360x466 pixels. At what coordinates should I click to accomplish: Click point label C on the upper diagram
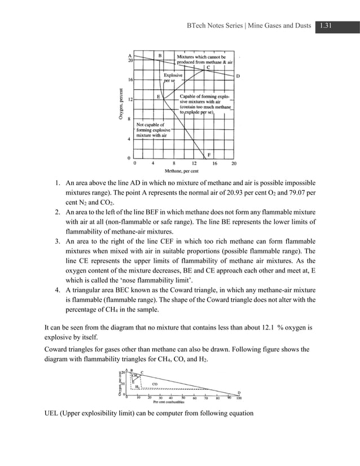208,68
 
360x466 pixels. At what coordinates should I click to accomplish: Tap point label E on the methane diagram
159,96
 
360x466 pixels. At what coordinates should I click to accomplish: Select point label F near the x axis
209,155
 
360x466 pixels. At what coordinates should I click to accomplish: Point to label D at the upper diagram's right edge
238,76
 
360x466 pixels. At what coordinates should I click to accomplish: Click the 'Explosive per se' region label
173,78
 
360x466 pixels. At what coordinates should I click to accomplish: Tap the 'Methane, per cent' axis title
181,170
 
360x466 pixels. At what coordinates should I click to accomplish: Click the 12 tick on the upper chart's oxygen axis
130,99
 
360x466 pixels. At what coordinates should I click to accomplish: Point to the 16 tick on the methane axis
214,164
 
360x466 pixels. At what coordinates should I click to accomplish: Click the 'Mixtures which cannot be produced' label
205,59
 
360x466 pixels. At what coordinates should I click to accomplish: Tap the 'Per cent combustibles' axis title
179,403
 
